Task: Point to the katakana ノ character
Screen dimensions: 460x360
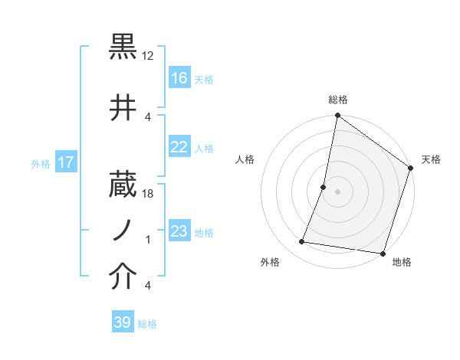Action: [123, 227]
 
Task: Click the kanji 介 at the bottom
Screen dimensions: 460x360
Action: [123, 277]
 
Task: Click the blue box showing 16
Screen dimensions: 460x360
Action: [179, 78]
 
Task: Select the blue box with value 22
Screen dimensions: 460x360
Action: [179, 148]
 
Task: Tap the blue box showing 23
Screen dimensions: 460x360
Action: [179, 231]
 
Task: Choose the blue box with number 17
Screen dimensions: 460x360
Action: [66, 162]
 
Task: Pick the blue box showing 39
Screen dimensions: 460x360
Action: [123, 322]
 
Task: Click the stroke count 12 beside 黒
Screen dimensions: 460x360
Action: [148, 56]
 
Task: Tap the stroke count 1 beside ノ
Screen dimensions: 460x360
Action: [148, 240]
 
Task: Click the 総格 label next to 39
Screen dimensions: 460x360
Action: [147, 324]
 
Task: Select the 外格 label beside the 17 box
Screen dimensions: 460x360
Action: [41, 163]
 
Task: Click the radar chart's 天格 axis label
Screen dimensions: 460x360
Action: [431, 159]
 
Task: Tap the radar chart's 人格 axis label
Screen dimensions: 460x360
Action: [245, 159]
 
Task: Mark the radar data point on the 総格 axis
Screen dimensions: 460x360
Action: [337, 116]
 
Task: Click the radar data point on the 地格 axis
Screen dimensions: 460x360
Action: [383, 253]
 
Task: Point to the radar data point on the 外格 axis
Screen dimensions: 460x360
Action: [302, 242]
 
